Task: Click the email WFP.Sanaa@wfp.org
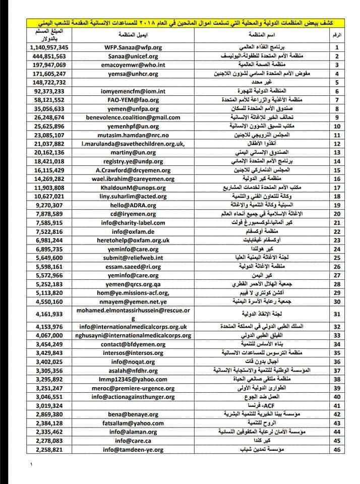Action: point(131,47)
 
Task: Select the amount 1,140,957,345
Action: point(49,47)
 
